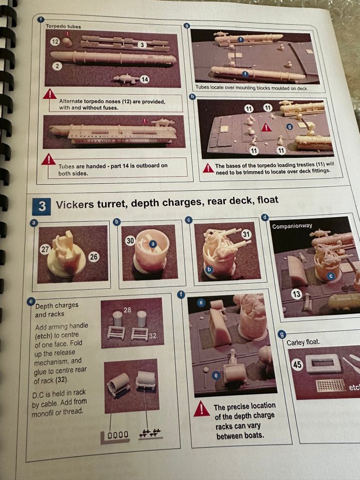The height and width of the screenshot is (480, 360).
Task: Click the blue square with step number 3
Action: coord(42,206)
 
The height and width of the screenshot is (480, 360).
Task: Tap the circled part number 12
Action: coord(55,41)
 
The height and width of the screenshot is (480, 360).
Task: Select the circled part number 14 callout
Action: coord(145,79)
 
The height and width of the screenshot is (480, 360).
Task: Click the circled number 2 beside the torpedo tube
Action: coord(57,66)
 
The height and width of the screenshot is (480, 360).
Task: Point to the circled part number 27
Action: coord(45,250)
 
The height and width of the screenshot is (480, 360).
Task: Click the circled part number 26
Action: coord(94,257)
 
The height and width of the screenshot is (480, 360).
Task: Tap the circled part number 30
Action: coord(130,241)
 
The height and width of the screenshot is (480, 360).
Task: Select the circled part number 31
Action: coord(246,235)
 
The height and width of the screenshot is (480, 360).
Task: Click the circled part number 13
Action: coord(297,294)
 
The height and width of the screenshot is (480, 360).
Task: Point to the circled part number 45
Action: coord(297,365)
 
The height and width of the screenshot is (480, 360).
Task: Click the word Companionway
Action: coord(292,226)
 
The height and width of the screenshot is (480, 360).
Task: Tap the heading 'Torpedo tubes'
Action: coord(63,26)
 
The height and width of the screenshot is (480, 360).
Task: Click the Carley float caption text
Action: coord(303,342)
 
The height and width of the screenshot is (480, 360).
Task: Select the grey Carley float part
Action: coord(324,363)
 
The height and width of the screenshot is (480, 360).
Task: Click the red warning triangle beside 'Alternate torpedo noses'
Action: coord(50,94)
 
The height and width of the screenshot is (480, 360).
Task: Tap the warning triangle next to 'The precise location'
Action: coord(201,409)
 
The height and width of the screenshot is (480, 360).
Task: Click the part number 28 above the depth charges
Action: coord(127,310)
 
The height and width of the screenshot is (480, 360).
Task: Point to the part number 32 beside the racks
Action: coord(153,336)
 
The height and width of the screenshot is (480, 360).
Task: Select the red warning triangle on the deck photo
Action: coord(266,127)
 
